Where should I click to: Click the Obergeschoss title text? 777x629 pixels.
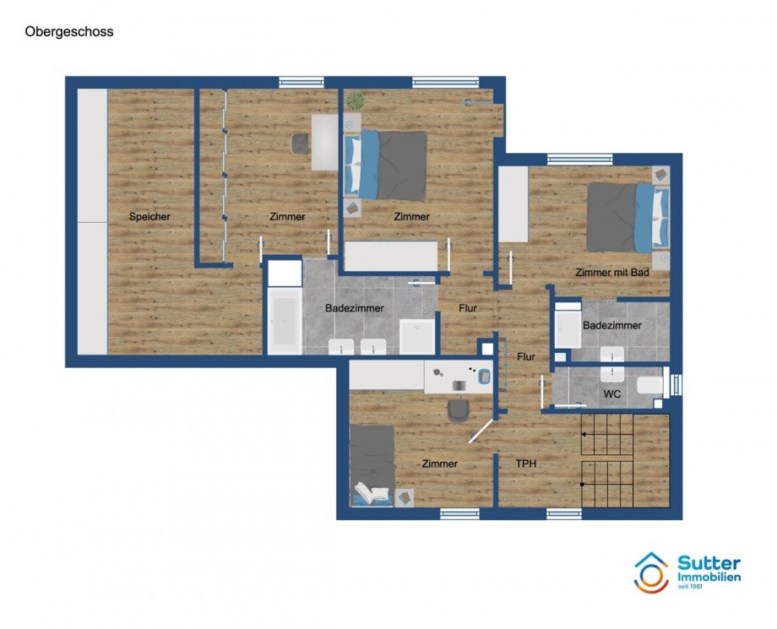(69, 32)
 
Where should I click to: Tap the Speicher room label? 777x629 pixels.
(149, 217)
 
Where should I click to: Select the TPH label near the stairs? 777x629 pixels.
(526, 464)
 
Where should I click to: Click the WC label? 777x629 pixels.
(612, 394)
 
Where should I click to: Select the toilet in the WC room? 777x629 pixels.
(651, 387)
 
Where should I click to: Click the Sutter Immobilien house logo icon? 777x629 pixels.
(651, 572)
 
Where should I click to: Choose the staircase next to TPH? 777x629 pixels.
(625, 460)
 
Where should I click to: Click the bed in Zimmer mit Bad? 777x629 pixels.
(628, 217)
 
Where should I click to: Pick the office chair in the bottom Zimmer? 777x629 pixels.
(459, 409)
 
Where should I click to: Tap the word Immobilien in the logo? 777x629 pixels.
(709, 577)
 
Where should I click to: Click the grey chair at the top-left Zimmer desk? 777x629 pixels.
(300, 144)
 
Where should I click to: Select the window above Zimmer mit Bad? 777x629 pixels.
(579, 159)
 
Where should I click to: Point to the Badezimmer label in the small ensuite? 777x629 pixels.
(612, 325)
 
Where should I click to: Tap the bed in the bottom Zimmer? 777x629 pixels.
(372, 464)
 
